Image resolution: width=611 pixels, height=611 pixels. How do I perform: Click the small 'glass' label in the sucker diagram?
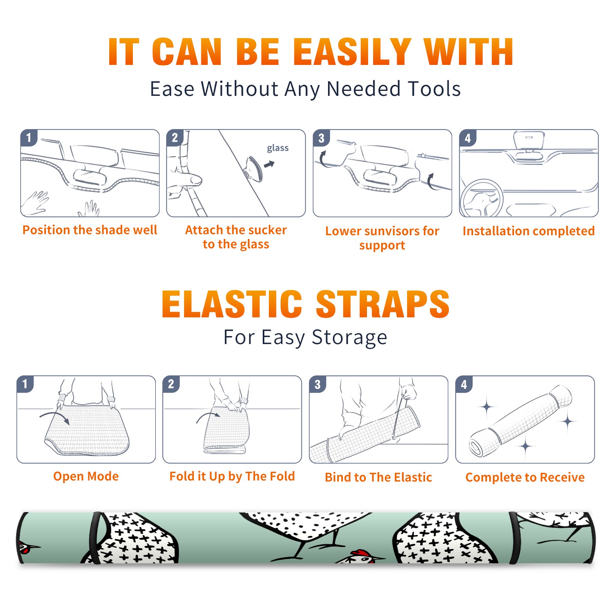point(278,148)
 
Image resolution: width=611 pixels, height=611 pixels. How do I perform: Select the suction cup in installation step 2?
point(254,168)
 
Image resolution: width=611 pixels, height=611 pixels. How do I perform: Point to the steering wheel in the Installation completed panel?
point(481,198)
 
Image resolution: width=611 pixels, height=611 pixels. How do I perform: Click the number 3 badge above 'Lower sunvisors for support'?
point(322,138)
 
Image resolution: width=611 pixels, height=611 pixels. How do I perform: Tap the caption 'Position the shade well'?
point(90,230)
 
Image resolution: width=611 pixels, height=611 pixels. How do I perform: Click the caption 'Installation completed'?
point(529,231)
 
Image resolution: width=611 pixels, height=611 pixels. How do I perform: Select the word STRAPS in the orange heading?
point(383,304)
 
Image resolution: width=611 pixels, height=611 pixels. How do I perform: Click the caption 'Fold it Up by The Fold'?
point(232,477)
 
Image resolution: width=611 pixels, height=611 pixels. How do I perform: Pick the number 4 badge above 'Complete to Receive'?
point(464,384)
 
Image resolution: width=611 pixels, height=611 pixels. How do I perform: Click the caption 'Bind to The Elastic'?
point(378,477)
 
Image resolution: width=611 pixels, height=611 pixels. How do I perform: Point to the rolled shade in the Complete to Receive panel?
point(520,421)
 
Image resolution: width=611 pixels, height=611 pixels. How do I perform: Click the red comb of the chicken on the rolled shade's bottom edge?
point(360,553)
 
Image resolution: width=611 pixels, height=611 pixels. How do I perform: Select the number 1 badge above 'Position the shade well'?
point(29,138)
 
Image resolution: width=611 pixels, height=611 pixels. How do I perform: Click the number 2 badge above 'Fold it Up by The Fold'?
point(171,384)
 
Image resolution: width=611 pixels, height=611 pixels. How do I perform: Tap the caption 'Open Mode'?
point(86,477)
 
